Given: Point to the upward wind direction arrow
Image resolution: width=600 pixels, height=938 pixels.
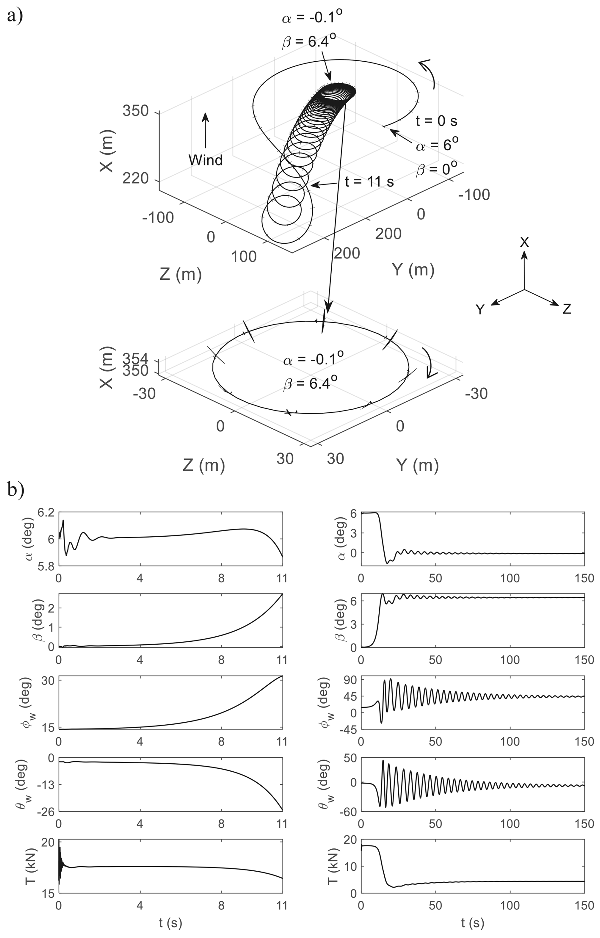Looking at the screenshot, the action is (x=205, y=131).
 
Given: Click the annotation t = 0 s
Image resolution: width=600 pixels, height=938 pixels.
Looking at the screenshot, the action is (x=436, y=121).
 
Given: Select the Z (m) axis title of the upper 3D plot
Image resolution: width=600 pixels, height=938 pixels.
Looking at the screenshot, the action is (x=181, y=275).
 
